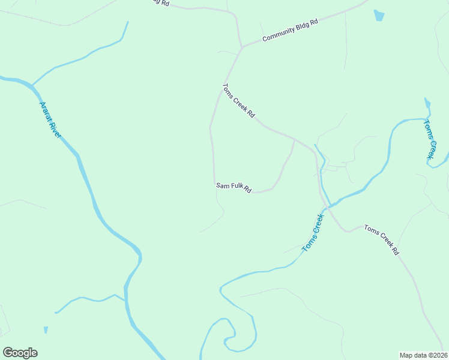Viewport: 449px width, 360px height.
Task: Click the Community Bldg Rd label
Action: pos(289,31)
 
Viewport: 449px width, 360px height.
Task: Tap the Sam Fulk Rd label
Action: pos(234,188)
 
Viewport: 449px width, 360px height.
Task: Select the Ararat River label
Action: pos(50,119)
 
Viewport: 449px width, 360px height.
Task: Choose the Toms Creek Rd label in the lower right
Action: pos(381,240)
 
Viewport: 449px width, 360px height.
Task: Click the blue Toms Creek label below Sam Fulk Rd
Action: pos(313,233)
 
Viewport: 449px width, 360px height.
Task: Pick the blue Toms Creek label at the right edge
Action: pos(431,139)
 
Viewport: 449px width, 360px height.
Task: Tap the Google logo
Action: pos(20,353)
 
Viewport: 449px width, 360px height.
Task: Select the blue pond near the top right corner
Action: pos(379,16)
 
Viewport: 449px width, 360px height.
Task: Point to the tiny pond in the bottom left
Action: pos(46,330)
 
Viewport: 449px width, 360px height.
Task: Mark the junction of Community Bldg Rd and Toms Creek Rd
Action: pos(243,47)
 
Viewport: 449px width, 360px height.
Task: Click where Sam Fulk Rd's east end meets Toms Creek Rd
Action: pos(294,139)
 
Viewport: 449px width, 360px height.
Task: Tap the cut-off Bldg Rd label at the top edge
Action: pos(159,3)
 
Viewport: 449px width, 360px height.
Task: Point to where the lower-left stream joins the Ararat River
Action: pos(125,300)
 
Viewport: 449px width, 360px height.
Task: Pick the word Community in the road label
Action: pos(277,35)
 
